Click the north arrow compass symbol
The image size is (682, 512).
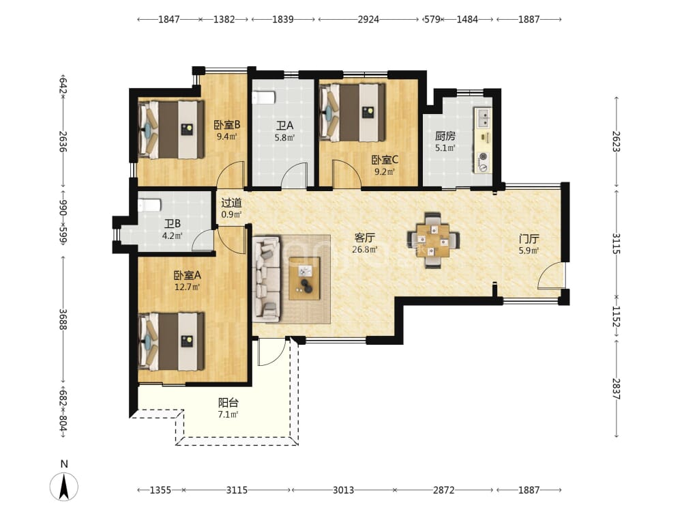point(64,485)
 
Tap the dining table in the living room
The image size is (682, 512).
point(433,240)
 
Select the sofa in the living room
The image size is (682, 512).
point(266,279)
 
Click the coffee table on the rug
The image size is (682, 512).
point(305,279)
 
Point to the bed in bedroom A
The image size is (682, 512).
point(171,341)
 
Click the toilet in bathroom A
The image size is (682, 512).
point(263,98)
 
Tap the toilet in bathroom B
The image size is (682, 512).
point(149,205)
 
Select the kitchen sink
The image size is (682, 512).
point(484,117)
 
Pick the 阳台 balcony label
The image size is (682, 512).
point(228,403)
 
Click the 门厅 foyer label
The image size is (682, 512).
point(529,238)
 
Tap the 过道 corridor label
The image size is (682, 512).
point(231,203)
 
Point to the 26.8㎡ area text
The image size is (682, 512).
point(364,249)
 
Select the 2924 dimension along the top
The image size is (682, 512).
point(368,19)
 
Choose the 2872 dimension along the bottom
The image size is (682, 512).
point(444,490)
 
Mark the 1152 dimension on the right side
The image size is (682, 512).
point(617,317)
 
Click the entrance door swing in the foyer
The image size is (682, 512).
point(551,276)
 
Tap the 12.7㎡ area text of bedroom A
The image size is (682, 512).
point(187,287)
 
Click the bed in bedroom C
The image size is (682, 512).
point(353,113)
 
